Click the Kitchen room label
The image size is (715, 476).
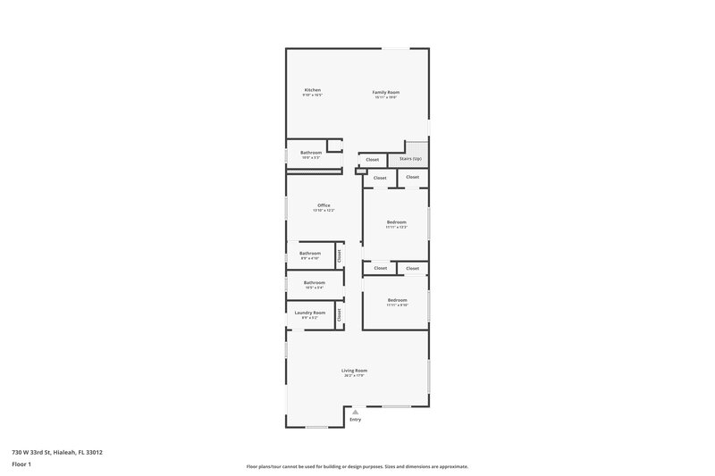click(312, 90)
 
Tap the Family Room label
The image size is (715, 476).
click(385, 92)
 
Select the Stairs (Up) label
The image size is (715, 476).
click(410, 159)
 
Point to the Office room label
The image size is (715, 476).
click(324, 205)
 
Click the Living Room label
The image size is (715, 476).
click(354, 371)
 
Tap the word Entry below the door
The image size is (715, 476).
click(355, 420)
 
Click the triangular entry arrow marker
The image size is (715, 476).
click(355, 411)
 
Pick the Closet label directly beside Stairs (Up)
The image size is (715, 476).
click(372, 160)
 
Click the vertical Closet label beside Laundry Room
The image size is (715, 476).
click(340, 314)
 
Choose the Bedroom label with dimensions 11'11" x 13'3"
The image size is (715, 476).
click(396, 221)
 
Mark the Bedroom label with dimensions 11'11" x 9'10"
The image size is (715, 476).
click(396, 300)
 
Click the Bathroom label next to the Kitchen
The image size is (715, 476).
click(311, 153)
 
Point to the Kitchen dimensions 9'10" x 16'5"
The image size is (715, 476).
click(312, 96)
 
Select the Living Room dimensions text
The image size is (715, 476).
click(354, 376)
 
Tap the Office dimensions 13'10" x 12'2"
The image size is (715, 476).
click(324, 211)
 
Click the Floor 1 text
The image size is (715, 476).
click(22, 465)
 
